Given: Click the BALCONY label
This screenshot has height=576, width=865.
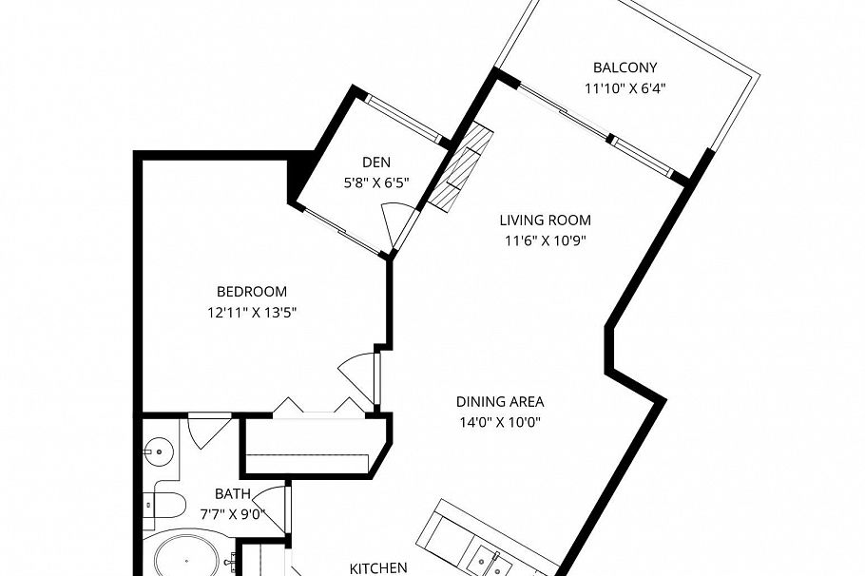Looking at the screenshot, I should click(625, 67).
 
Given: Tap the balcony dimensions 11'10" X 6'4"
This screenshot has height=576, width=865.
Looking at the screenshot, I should click(625, 89).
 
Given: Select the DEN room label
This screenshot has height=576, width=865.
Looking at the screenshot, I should click(376, 162).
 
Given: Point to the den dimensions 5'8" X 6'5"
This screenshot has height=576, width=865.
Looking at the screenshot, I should click(376, 182).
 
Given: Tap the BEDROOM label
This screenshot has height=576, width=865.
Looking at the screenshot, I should click(252, 292).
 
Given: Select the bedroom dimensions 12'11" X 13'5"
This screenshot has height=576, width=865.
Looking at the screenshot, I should click(252, 312).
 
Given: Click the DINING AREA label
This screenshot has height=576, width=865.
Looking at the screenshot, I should click(501, 401).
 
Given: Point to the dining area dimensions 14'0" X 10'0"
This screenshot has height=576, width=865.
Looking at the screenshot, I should click(501, 422).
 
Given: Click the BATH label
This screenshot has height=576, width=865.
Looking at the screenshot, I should click(232, 494).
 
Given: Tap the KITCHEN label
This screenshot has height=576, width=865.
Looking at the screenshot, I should click(379, 568).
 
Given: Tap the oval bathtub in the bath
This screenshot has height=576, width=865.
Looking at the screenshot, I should click(185, 558).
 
